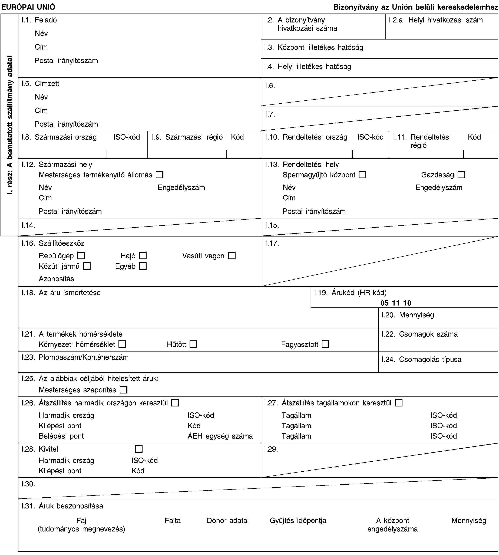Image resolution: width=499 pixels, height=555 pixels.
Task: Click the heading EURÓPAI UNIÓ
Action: (x=28, y=7)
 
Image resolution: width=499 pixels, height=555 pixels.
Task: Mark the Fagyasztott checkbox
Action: (x=325, y=344)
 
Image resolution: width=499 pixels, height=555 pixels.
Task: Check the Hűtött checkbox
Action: (x=193, y=344)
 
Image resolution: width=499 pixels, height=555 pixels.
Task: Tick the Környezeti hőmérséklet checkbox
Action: (x=122, y=344)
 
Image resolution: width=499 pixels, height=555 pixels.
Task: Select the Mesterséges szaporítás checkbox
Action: (x=123, y=390)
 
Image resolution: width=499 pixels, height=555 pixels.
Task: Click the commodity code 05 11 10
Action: (x=396, y=303)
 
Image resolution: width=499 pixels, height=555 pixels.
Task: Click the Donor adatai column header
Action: (x=228, y=520)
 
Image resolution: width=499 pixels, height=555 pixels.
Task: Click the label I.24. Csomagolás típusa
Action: (x=421, y=359)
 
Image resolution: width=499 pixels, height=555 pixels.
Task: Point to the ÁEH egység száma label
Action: (x=220, y=436)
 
